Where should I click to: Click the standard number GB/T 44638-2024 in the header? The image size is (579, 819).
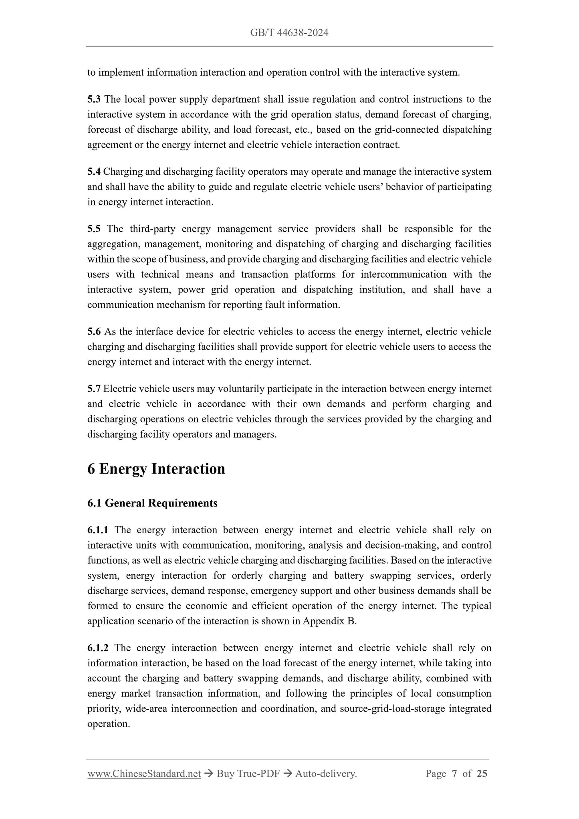(289, 33)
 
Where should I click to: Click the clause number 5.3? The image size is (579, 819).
(94, 99)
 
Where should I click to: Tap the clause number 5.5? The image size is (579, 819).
(94, 229)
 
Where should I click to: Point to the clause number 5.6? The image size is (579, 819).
(94, 332)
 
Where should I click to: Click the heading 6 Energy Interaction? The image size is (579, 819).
(156, 469)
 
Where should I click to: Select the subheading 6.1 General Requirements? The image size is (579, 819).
(152, 503)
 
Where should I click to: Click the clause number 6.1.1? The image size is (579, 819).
(98, 530)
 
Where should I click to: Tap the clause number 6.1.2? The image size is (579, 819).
(98, 648)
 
